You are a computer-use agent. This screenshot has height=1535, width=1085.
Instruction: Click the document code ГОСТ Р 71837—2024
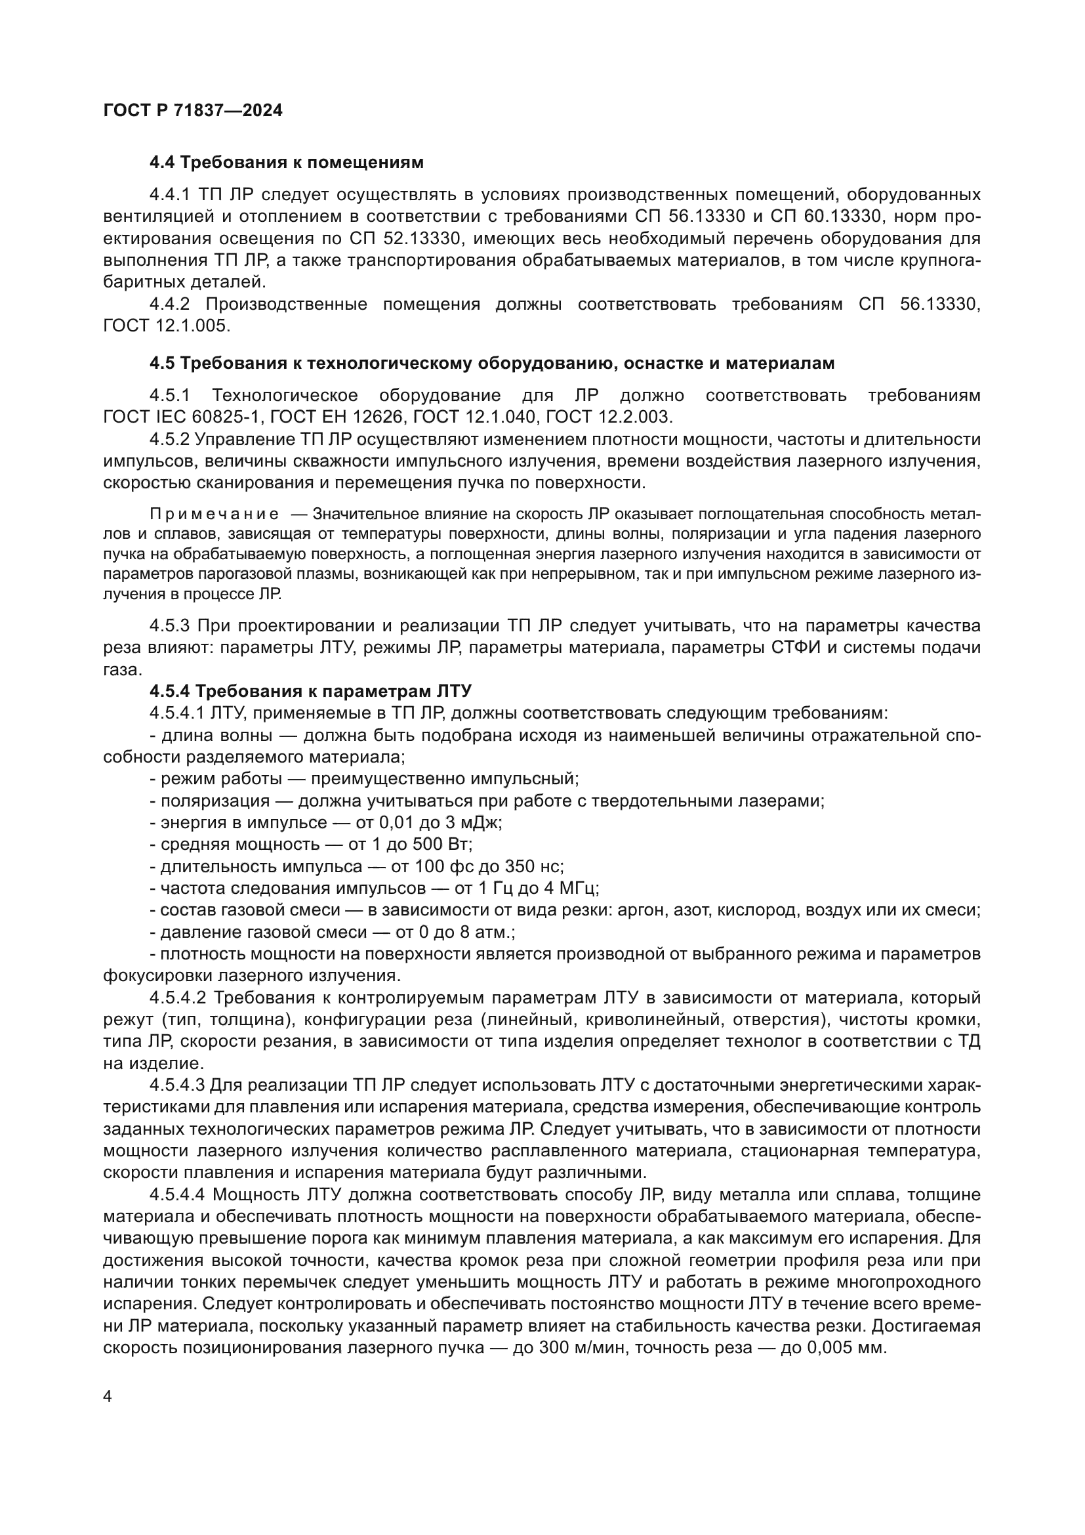(193, 111)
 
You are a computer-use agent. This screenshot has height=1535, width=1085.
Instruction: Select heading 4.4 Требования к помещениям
(286, 163)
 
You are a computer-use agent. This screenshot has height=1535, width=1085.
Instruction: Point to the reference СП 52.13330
(405, 239)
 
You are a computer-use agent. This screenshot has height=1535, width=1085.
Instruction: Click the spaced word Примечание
(215, 514)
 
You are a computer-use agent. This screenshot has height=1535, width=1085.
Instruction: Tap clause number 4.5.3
(170, 626)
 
